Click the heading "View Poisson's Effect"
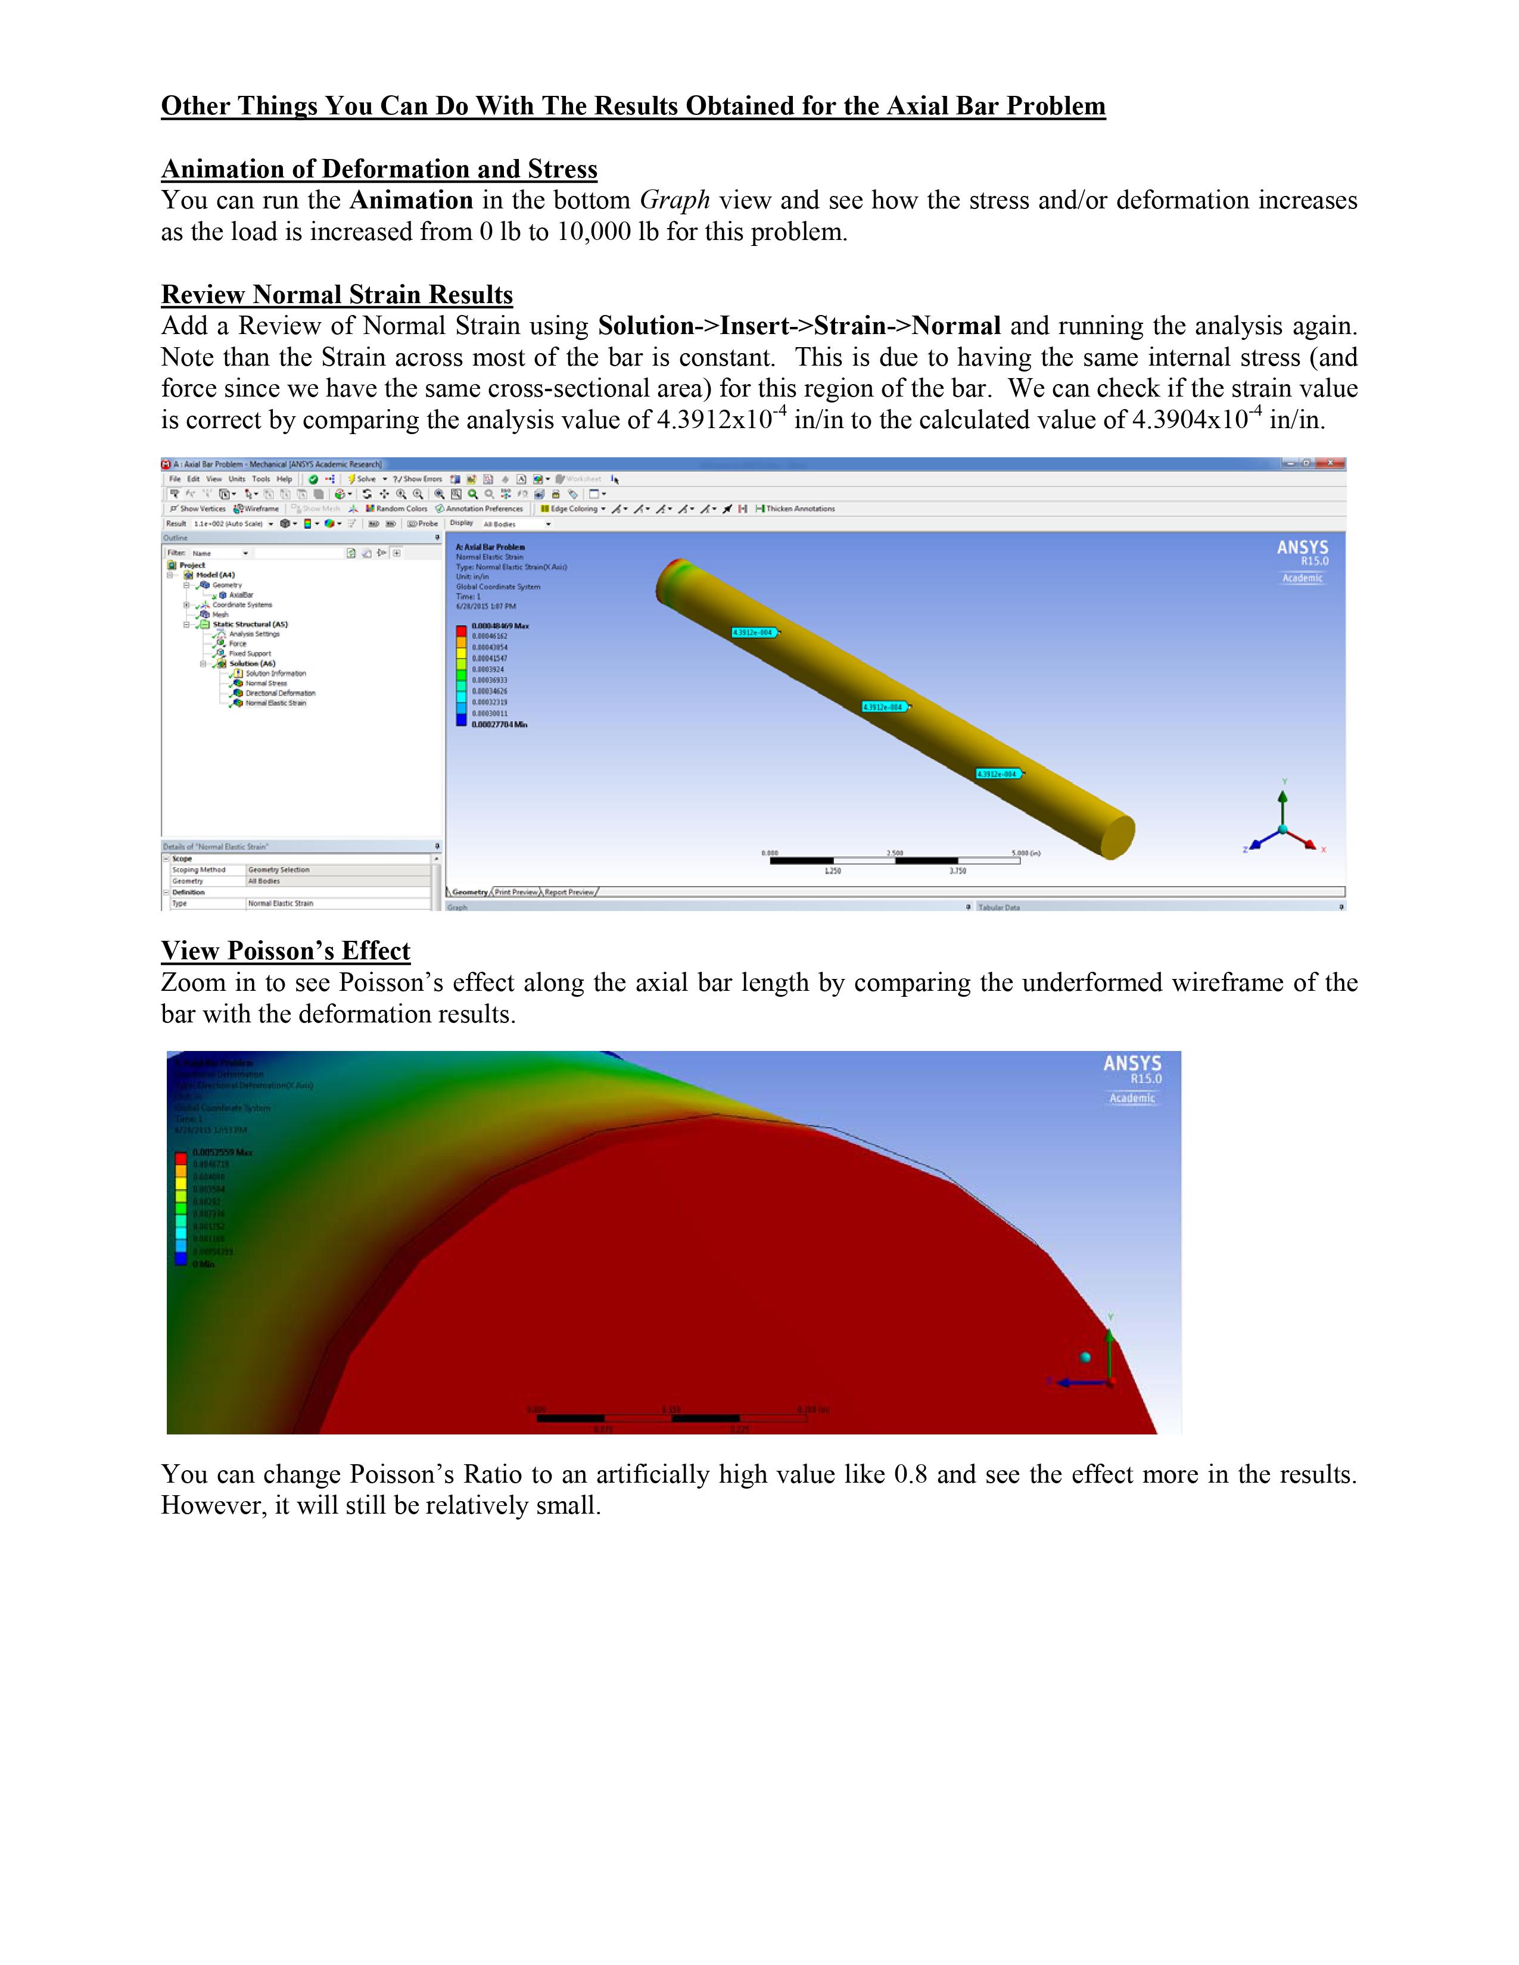point(285,951)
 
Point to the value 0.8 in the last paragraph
point(910,1475)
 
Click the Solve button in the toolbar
point(363,479)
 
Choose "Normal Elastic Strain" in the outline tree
point(275,703)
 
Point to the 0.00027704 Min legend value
point(499,724)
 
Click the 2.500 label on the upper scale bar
point(895,852)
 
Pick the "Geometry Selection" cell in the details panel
point(279,870)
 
